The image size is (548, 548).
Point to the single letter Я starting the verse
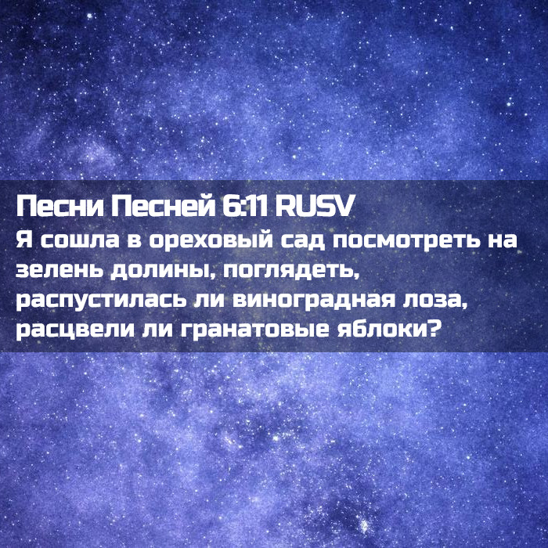click(23, 240)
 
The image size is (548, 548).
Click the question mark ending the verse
click(433, 330)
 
